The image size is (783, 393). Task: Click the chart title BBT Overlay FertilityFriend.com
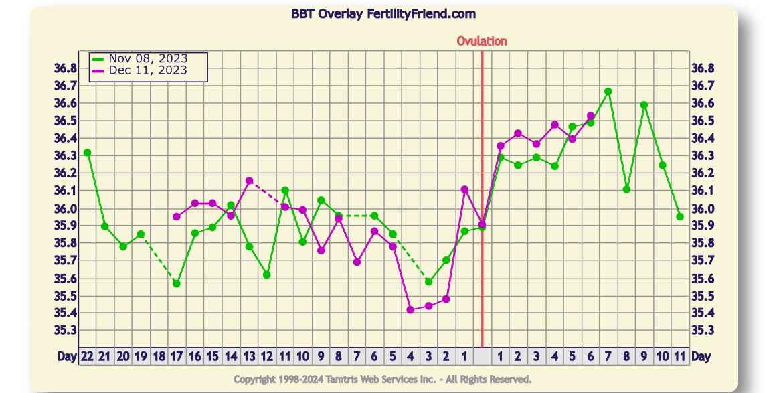click(x=383, y=13)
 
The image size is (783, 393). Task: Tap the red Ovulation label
click(x=482, y=41)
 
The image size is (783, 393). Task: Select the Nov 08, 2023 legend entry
click(x=148, y=59)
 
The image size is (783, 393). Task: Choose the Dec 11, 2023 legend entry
click(x=148, y=70)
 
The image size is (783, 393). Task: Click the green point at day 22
click(x=87, y=153)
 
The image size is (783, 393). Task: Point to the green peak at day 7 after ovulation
click(x=608, y=92)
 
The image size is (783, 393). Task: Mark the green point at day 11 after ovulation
click(x=680, y=216)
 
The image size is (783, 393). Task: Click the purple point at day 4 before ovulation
click(x=410, y=309)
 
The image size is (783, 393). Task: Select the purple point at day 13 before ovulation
click(x=249, y=181)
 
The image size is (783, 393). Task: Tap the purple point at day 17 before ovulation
click(x=177, y=217)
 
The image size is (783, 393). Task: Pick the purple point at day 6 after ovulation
click(x=590, y=116)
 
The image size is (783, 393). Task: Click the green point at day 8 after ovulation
click(x=626, y=189)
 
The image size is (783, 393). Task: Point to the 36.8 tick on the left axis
click(x=66, y=68)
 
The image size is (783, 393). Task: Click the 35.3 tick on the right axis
click(x=703, y=331)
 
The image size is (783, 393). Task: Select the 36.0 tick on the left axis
click(x=66, y=208)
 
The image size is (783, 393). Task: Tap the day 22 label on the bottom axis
click(x=87, y=357)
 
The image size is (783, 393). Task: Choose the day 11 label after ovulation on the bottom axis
click(x=680, y=357)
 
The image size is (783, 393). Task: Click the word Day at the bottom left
click(x=66, y=357)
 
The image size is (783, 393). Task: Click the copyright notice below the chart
click(x=383, y=380)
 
